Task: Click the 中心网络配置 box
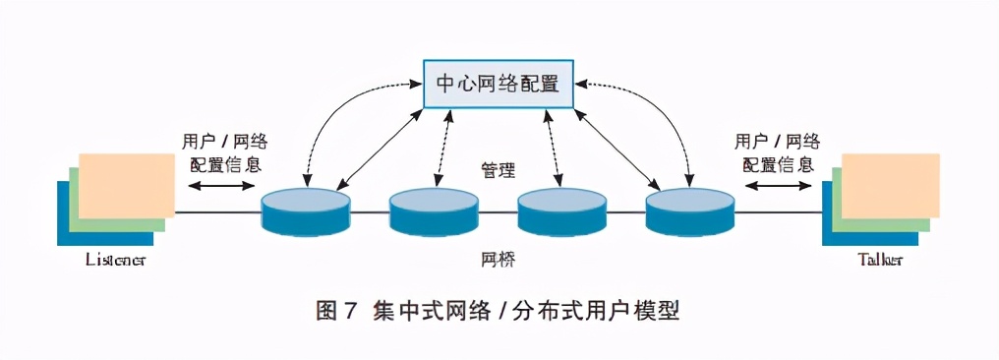coord(499,84)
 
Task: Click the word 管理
coord(499,169)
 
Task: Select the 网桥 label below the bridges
coord(499,260)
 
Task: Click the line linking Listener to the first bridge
coord(218,211)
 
